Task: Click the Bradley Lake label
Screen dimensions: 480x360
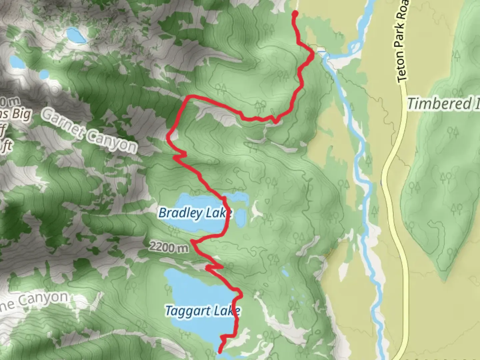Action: (195, 213)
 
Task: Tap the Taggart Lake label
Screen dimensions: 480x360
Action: (202, 311)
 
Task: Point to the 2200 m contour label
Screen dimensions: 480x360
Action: (169, 247)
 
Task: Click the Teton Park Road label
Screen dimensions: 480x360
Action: (401, 42)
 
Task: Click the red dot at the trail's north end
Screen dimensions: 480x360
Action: (295, 14)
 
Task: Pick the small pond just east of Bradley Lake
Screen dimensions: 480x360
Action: (240, 217)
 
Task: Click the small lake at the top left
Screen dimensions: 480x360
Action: (76, 35)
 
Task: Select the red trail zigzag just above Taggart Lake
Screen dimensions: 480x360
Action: (213, 267)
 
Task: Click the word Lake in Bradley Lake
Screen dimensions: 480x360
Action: (218, 213)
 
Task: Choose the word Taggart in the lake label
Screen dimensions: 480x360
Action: (188, 311)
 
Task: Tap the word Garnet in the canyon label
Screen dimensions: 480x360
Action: (63, 123)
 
